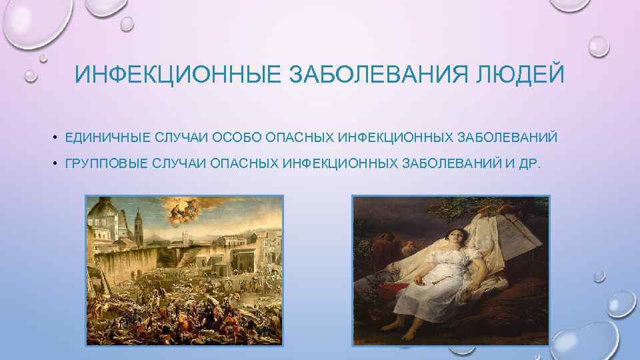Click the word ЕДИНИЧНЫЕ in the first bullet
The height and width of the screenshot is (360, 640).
coord(107,138)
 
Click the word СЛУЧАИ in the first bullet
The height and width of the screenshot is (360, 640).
coord(181,138)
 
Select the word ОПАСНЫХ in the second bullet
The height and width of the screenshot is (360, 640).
coord(245,164)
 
